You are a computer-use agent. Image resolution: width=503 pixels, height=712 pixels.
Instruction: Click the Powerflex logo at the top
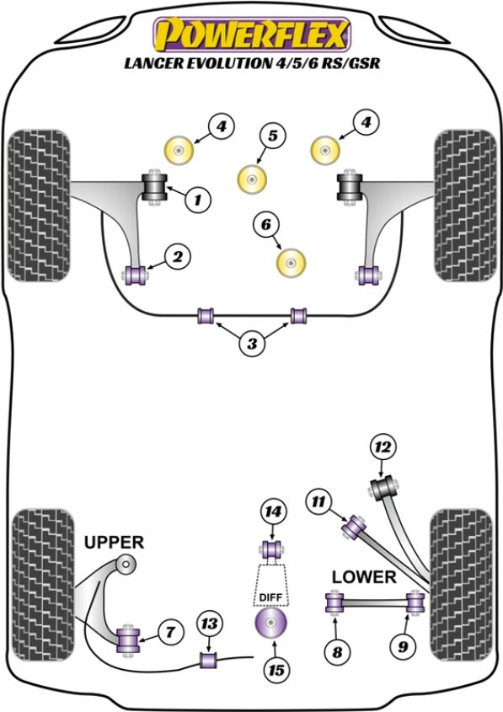tap(252, 35)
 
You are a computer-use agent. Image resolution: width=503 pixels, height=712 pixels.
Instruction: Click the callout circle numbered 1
tap(198, 199)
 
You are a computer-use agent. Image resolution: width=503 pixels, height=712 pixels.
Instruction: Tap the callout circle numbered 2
tap(178, 257)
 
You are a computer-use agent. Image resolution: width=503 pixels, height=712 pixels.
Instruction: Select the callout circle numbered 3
tap(252, 344)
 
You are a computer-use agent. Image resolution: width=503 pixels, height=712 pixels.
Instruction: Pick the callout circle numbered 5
tap(273, 136)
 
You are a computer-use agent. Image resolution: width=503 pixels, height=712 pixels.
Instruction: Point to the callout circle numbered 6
tap(266, 224)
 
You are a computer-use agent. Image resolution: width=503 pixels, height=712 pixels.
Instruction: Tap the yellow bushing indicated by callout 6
tap(291, 262)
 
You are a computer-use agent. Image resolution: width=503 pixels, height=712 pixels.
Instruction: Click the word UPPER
tap(114, 542)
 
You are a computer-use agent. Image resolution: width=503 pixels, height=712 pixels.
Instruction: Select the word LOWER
tap(364, 577)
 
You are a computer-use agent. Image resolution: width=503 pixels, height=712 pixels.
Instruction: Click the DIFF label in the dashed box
tap(270, 597)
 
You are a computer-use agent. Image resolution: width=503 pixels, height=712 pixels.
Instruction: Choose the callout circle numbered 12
tap(383, 447)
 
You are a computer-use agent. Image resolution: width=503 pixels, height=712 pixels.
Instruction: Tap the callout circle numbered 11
tap(318, 501)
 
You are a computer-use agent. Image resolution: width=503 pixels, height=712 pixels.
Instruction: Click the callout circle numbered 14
tap(273, 512)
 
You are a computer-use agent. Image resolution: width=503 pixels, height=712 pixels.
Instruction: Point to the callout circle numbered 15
tap(276, 670)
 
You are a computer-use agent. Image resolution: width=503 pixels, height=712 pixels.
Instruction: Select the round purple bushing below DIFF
tap(270, 623)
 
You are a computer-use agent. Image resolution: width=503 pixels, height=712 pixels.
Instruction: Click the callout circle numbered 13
tap(209, 624)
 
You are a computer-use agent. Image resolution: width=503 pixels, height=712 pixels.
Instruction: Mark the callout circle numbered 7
tap(170, 632)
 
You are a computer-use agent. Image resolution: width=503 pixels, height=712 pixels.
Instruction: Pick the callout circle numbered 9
tap(404, 646)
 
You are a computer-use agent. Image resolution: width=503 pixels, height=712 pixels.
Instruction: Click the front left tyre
tap(40, 206)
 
